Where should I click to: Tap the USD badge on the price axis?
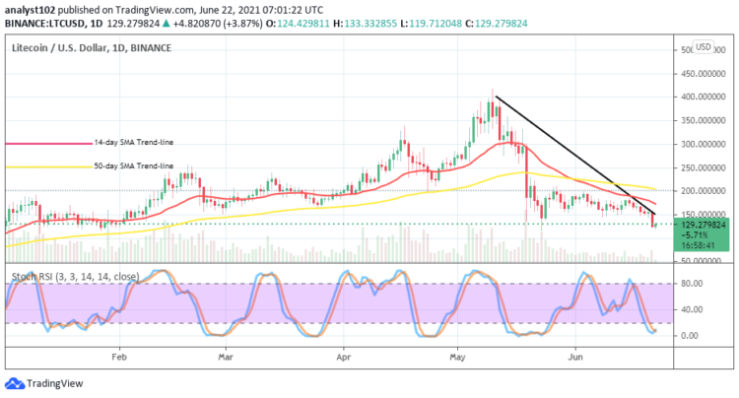click(703, 46)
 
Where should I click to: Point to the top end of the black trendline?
click(495, 97)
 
